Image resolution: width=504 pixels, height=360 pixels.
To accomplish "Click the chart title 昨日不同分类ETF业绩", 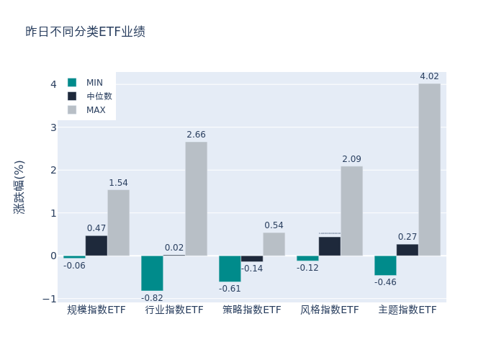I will click(85, 32).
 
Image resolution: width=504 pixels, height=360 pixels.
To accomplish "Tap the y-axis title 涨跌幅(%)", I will click(19, 186).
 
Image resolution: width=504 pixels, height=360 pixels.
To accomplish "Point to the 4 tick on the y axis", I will click(53, 84).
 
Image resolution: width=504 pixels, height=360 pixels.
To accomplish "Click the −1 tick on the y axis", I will click(49, 299).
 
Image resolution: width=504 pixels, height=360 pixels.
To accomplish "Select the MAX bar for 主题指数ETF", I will click(429, 169).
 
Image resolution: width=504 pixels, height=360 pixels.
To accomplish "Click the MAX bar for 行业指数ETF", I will click(196, 199).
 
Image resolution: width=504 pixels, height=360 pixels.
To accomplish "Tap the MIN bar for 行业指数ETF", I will click(152, 273).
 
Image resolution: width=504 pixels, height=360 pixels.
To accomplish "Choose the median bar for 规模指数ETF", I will click(96, 246).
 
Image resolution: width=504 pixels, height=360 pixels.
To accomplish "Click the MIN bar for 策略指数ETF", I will click(230, 269).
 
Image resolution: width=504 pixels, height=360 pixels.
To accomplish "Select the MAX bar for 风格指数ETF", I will click(351, 211).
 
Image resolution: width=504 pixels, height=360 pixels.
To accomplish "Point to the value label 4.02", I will click(429, 76).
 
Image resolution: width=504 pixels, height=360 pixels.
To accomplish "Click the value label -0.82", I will click(152, 298).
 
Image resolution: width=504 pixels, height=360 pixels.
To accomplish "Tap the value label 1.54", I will click(118, 183).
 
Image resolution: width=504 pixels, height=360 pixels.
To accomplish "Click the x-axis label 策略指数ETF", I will click(252, 310).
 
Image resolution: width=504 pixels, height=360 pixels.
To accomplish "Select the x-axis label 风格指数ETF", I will click(330, 310).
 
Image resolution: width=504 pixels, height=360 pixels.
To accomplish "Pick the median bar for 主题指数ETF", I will click(407, 250).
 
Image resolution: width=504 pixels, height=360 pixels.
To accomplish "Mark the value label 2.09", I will click(351, 159).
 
